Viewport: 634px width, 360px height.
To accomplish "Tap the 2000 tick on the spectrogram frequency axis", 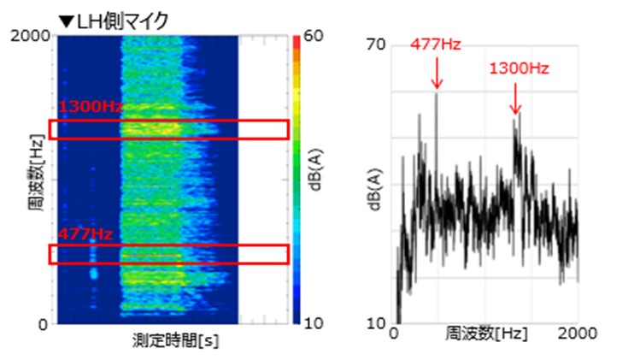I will click(31, 35).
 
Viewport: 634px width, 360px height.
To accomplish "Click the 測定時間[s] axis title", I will click(175, 339).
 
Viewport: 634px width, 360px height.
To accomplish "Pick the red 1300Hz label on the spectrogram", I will click(90, 108).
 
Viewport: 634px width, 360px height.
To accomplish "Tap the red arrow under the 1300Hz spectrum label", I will click(515, 100).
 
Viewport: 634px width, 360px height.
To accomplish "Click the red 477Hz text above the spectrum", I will click(436, 44).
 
